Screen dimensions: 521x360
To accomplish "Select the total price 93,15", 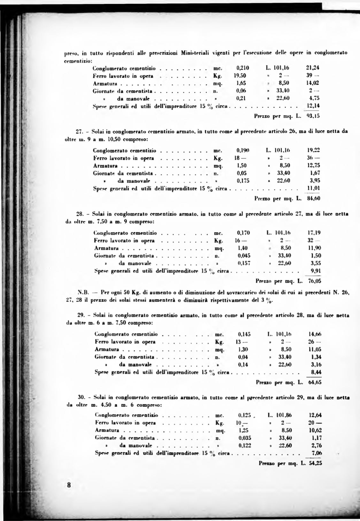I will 313,116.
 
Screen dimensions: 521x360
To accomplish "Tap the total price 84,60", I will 313,198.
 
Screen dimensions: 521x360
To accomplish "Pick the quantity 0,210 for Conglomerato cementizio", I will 243,68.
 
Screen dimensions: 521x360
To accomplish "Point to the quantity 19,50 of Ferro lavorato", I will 241,76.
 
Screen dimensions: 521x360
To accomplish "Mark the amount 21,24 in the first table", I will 313,68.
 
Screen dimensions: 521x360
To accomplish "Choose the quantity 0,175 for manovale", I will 243,180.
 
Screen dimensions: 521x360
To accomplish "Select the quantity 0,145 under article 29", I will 244,334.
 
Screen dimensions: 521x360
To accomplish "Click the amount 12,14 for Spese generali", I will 313,105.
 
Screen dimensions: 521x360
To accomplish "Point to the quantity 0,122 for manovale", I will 245,446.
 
